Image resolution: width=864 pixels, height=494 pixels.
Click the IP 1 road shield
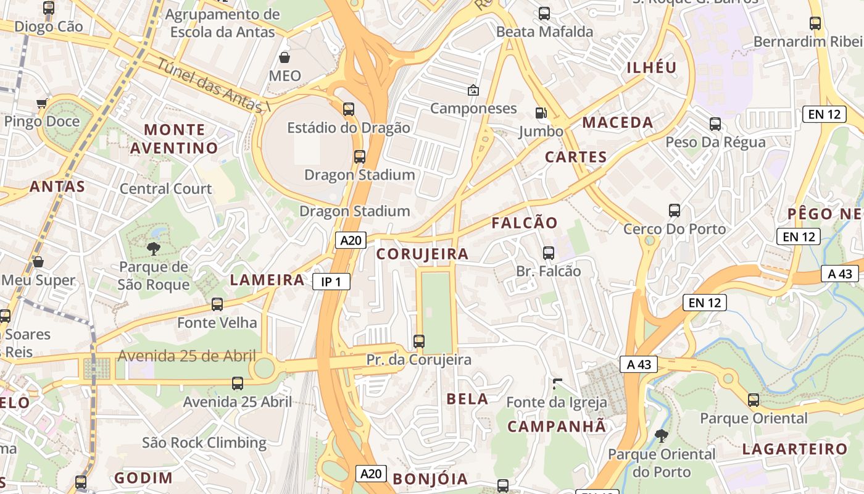(x=331, y=282)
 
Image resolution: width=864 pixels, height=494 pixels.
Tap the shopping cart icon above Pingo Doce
(x=41, y=103)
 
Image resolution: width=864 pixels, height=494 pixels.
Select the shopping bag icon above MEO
(x=285, y=57)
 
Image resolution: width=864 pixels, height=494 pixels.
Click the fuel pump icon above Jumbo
(x=541, y=112)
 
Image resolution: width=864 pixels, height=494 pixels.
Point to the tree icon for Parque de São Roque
(x=153, y=249)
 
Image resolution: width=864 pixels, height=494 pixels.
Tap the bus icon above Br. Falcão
(x=548, y=253)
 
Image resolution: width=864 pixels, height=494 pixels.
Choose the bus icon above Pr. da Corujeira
(x=418, y=341)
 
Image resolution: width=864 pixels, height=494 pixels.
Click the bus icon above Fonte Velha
(x=217, y=304)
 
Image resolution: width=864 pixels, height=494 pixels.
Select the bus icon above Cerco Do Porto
(x=674, y=211)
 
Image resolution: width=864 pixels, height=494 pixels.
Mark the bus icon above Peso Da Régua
(x=715, y=124)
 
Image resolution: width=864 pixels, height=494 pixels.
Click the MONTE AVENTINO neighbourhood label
(x=174, y=139)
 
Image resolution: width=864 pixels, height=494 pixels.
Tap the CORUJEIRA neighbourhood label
(x=423, y=254)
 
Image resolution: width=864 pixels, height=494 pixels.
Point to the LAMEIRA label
(x=267, y=280)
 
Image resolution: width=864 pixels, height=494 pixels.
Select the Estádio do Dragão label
(x=349, y=128)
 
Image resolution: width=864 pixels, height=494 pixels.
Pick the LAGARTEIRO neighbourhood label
(x=795, y=449)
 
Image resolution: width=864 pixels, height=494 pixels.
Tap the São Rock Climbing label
(x=204, y=443)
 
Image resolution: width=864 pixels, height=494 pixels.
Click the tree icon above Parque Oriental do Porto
(x=661, y=435)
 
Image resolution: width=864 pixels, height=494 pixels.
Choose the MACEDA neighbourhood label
(x=618, y=122)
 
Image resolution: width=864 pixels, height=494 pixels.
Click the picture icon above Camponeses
(x=473, y=90)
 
